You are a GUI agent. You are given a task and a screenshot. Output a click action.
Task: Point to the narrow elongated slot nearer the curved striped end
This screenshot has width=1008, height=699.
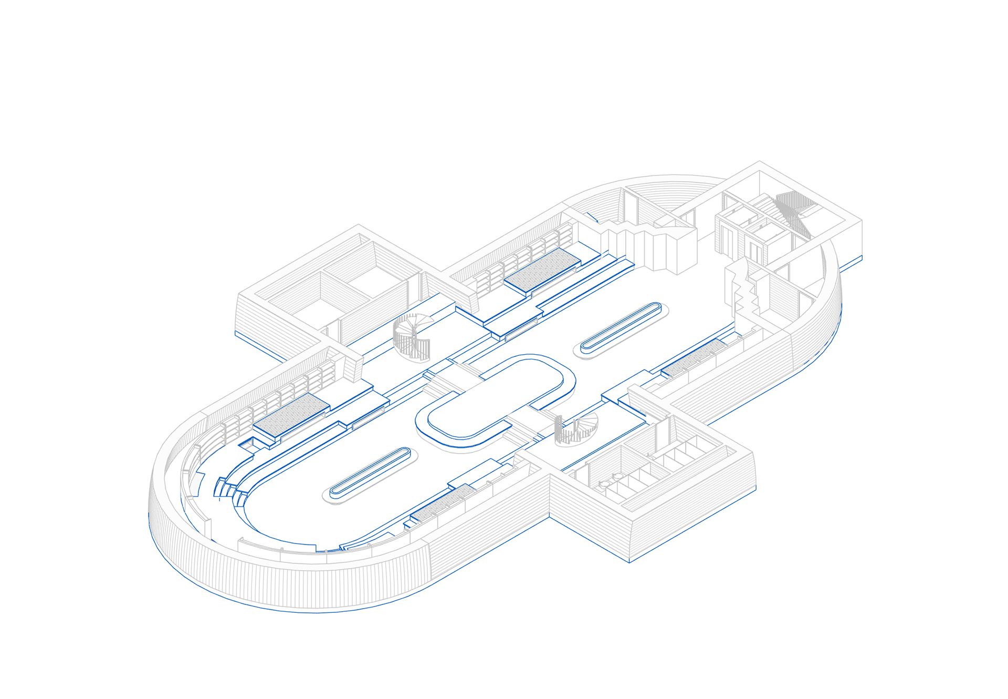371,471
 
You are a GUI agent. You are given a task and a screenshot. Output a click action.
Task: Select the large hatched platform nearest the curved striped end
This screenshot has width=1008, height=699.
291,415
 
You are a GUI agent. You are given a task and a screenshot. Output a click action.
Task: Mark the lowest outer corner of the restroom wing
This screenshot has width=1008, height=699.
629,562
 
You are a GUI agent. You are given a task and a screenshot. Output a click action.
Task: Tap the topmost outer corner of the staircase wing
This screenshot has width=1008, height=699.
759,161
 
